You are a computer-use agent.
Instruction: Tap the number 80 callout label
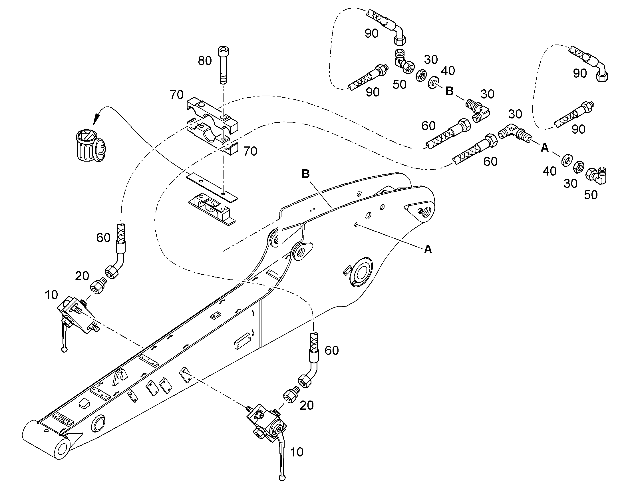point(205,61)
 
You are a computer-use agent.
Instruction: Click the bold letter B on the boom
point(306,174)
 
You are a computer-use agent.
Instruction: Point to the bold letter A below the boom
point(428,249)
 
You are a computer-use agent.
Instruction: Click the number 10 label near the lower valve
point(297,452)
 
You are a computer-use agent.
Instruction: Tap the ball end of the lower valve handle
point(282,478)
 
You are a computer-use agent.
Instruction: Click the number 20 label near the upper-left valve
point(82,276)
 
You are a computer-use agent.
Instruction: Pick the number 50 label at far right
point(591,195)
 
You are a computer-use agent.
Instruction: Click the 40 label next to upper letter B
point(448,71)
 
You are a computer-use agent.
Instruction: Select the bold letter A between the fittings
point(544,148)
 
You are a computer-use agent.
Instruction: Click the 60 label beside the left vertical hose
point(103,238)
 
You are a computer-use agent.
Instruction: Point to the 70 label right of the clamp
point(250,151)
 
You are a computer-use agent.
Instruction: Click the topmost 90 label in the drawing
point(372,33)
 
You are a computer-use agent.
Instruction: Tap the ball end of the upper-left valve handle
point(65,349)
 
